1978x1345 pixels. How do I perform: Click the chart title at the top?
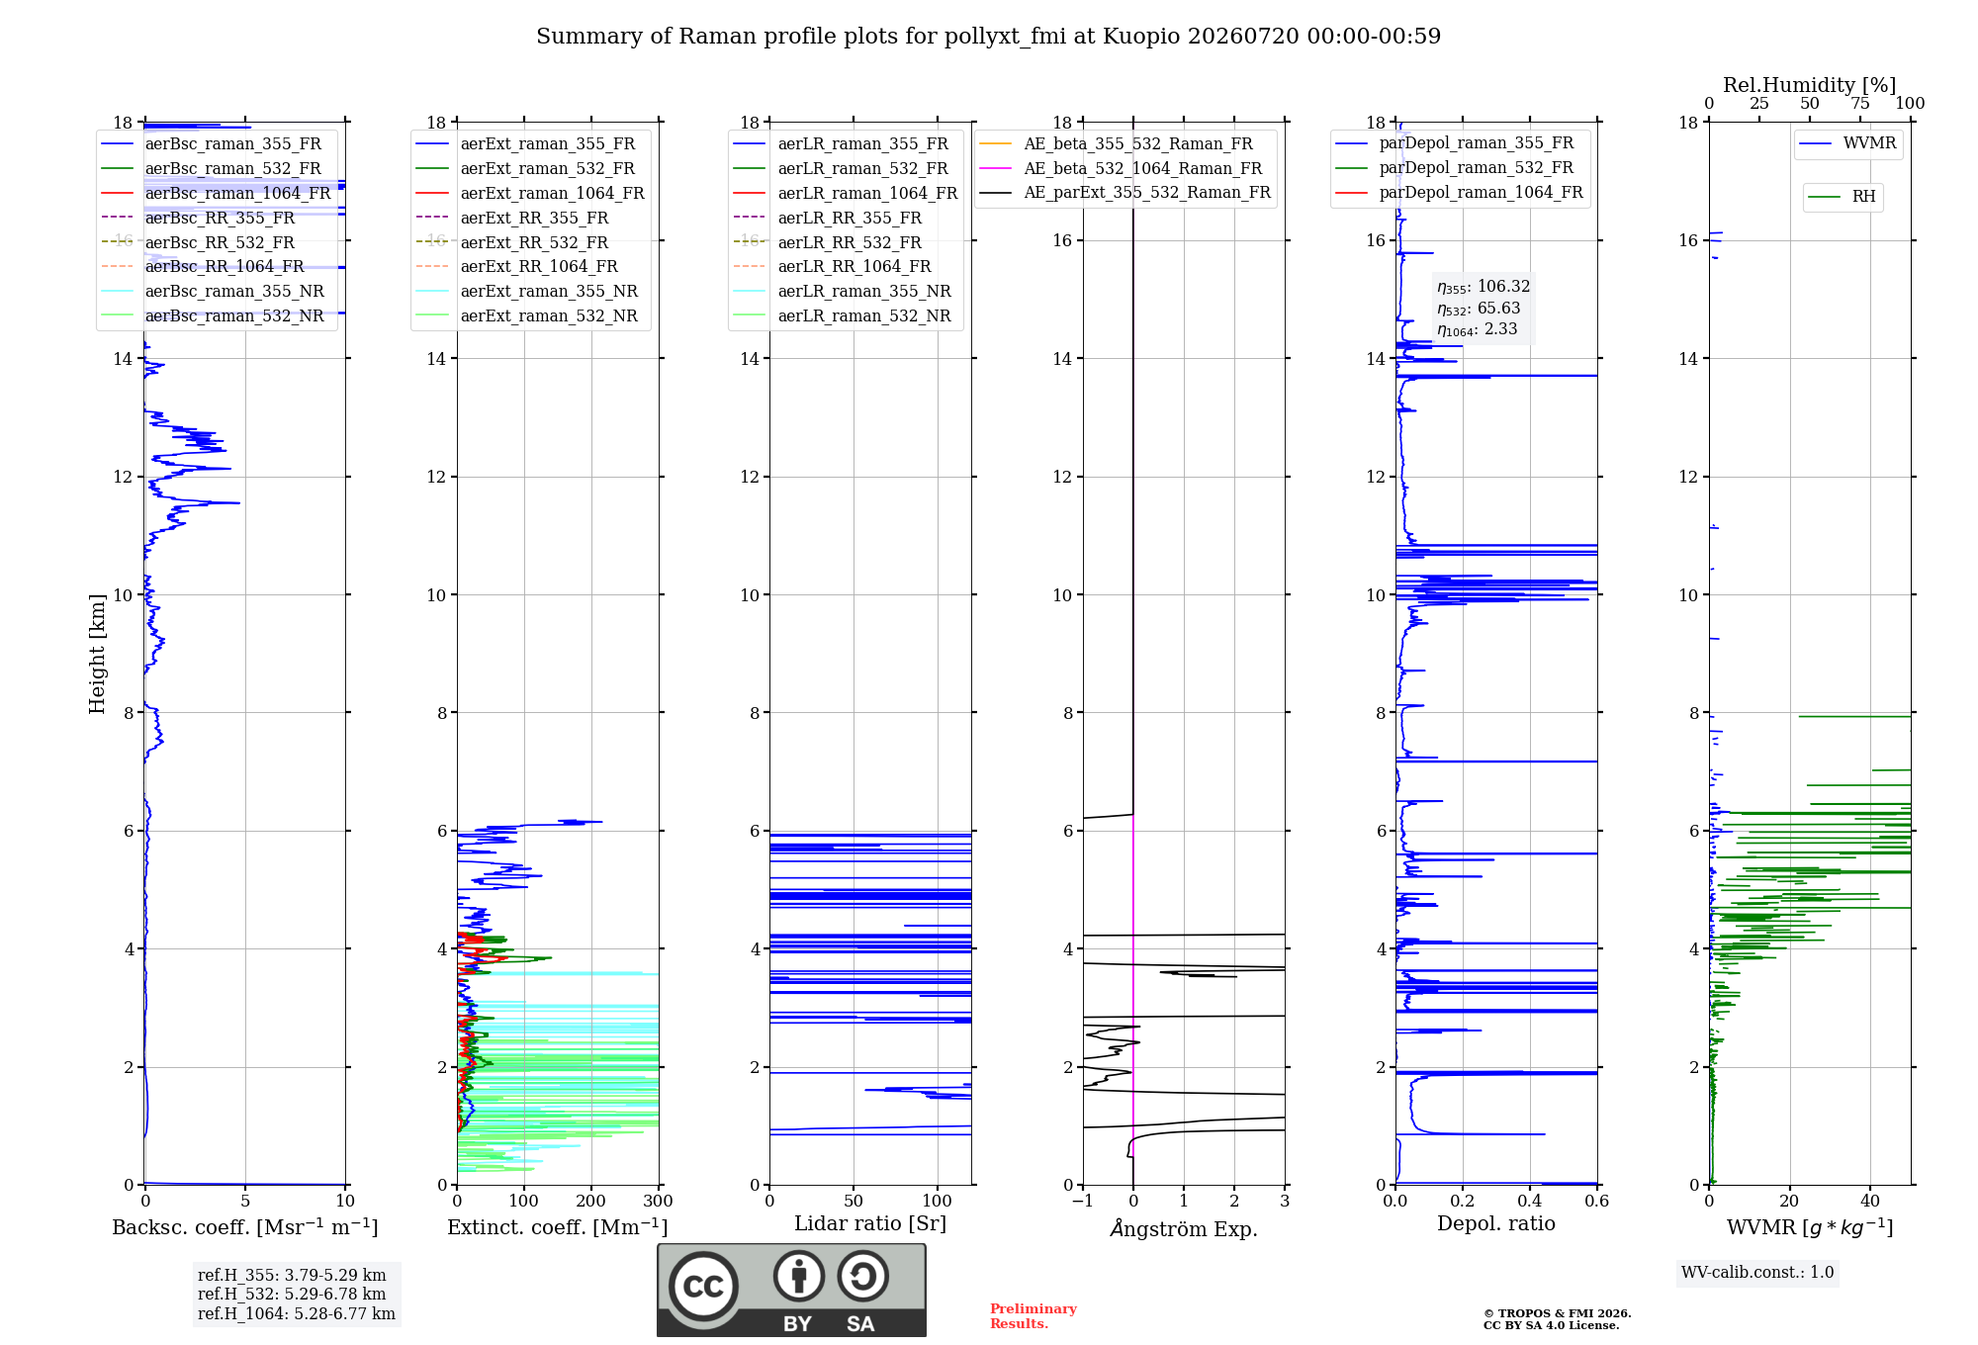click(988, 37)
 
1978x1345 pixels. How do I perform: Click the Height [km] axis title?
click(97, 654)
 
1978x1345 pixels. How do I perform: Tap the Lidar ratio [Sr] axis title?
click(870, 1223)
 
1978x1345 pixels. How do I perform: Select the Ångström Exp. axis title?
click(1184, 1228)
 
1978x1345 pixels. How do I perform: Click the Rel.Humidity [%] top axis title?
click(1810, 85)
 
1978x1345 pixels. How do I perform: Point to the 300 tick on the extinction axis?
click(659, 1201)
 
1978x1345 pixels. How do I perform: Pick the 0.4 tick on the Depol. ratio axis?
click(1530, 1201)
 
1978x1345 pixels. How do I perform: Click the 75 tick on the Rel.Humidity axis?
click(1860, 103)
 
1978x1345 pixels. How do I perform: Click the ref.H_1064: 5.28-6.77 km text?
click(297, 1313)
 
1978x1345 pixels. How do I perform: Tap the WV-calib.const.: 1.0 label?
click(1757, 1272)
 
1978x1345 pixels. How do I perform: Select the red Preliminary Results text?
click(1034, 1316)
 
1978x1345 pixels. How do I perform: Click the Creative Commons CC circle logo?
click(703, 1287)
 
